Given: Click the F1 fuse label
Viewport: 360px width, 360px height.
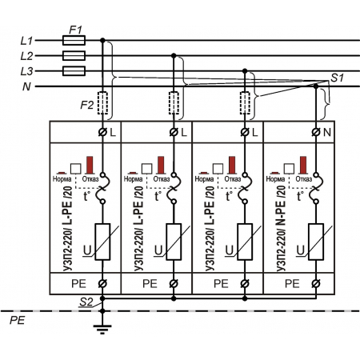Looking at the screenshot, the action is pos(75,30).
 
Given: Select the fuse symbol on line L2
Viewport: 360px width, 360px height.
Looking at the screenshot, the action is pos(74,56).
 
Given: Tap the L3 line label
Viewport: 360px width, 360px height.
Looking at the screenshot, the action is pos(26,71).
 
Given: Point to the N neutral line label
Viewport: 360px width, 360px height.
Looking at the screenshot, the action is pos(26,86).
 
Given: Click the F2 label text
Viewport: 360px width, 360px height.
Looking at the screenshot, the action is pos(87,105).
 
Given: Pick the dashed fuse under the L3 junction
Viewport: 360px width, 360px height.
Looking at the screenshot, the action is pos(245,103).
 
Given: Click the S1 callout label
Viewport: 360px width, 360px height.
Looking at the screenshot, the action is pos(338,78).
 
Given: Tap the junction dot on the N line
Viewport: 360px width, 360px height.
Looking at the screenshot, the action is pos(316,86).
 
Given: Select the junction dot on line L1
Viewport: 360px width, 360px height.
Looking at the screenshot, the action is pos(102,40).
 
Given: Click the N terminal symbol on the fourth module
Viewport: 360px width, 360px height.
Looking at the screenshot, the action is pos(316,132).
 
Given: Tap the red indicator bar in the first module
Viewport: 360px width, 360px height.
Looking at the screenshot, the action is pos(90,165).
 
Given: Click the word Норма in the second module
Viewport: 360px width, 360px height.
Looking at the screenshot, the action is pos(133,179).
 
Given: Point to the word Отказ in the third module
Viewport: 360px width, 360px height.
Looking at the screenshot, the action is pos(233,179).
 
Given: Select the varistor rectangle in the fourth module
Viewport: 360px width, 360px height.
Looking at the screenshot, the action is pos(316,242).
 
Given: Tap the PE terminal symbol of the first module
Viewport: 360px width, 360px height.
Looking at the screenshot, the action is pos(102,283).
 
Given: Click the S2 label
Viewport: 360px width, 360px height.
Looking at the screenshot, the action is pos(86,302).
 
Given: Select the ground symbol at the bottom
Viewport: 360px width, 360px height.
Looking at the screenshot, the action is pos(102,330).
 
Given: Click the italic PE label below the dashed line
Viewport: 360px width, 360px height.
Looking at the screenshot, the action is pos(18,320).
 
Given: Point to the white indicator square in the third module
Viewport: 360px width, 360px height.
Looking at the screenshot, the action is pos(218,169).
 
